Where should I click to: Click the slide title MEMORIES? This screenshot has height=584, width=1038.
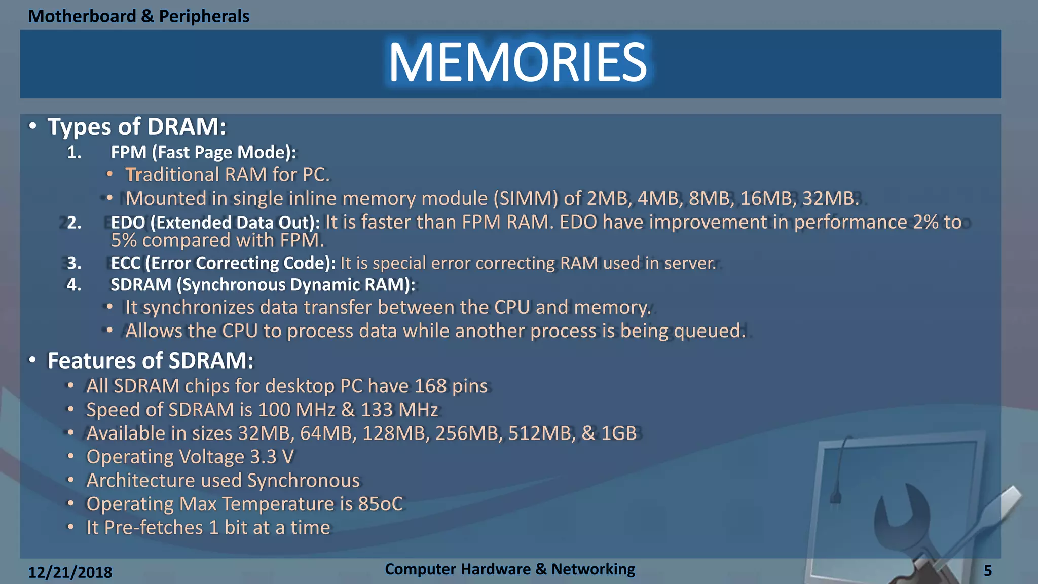(517, 62)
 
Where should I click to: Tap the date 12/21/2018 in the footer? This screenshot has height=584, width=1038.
(70, 572)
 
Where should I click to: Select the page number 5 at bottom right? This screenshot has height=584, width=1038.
(988, 571)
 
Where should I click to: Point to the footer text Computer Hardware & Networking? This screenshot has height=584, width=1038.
(509, 569)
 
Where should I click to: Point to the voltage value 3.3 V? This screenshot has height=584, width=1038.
(272, 457)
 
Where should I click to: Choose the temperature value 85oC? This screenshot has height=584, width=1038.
(380, 504)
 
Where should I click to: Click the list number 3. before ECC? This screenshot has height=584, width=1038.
(75, 263)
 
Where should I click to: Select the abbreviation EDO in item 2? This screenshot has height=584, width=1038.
(128, 223)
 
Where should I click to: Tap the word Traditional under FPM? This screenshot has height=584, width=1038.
(172, 175)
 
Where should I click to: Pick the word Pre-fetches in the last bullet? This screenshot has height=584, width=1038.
(154, 528)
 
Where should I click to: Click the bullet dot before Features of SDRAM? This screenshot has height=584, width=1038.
(32, 360)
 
